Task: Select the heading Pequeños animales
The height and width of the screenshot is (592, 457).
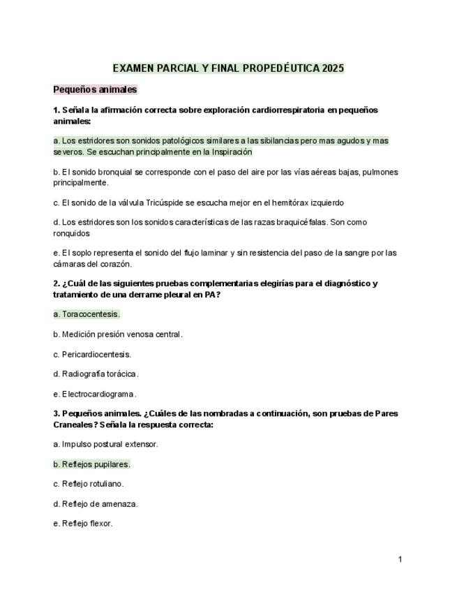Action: (95, 89)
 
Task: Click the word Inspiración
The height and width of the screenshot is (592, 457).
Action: (227, 151)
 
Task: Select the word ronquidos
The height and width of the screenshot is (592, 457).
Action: (72, 233)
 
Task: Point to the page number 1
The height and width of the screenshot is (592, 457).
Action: (400, 559)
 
